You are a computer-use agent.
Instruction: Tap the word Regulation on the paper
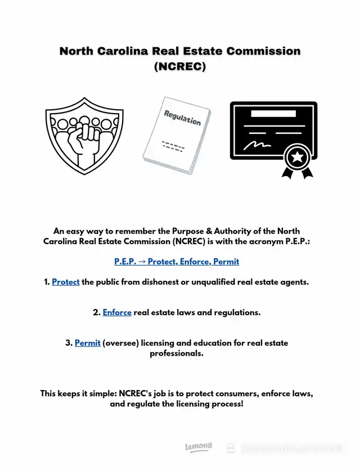[x=182, y=118]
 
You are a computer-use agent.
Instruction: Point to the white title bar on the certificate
[x=272, y=113]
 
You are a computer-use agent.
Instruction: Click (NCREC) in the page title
[x=180, y=66]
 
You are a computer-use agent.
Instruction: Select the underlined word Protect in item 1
[x=66, y=282]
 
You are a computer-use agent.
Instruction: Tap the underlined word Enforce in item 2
[x=117, y=312]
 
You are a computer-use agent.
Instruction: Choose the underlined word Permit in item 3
[x=87, y=343]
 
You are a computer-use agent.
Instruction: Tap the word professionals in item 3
[x=176, y=353]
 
